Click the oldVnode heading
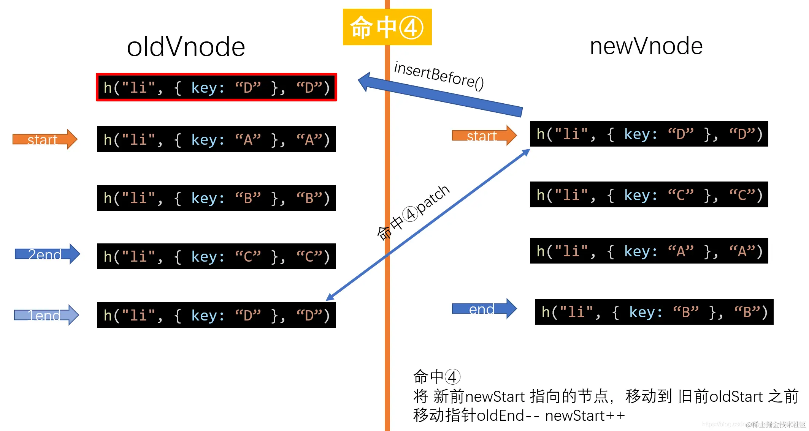(186, 47)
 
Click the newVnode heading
(646, 46)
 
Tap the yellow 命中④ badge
(387, 27)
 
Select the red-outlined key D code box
(216, 87)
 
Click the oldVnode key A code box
(216, 139)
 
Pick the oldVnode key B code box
(216, 198)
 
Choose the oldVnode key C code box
(216, 256)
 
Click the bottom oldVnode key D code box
(216, 315)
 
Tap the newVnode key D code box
(649, 134)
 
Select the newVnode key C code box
(649, 194)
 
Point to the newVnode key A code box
(649, 251)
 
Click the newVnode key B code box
(654, 312)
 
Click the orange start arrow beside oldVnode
(45, 139)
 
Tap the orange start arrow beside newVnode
(484, 136)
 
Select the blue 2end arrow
(47, 254)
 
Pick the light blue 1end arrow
(46, 315)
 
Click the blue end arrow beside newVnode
(484, 309)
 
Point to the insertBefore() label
(439, 76)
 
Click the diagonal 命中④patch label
(413, 213)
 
